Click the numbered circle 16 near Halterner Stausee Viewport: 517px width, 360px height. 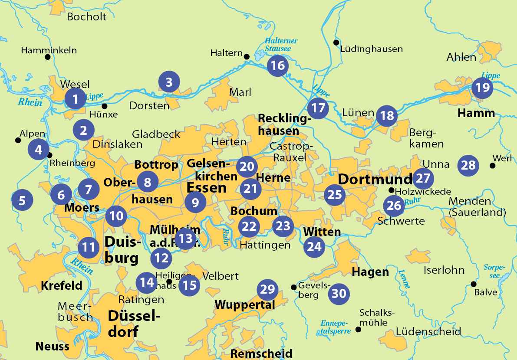pyautogui.click(x=278, y=65)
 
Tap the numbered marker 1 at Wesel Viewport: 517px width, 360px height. pyautogui.click(x=76, y=99)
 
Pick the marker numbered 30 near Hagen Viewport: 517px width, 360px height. pyautogui.click(x=339, y=294)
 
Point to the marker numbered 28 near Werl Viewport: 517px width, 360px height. pyautogui.click(x=469, y=165)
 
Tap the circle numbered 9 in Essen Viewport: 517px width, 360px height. pyautogui.click(x=195, y=202)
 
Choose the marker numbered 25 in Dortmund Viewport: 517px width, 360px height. pyautogui.click(x=335, y=195)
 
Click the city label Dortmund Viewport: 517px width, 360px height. pyautogui.click(x=375, y=179)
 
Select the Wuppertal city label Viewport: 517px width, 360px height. pyautogui.click(x=245, y=305)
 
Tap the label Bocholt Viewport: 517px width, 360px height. pyautogui.click(x=87, y=17)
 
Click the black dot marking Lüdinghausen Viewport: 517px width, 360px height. pyautogui.click(x=336, y=42)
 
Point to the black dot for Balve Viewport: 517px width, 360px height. pyautogui.click(x=474, y=284)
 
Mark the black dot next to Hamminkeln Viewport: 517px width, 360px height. pyautogui.click(x=47, y=57)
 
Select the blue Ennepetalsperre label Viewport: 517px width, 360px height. pyautogui.click(x=335, y=326)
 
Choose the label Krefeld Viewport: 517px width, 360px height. pyautogui.click(x=61, y=285)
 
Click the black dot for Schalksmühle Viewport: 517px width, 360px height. pyautogui.click(x=359, y=330)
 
